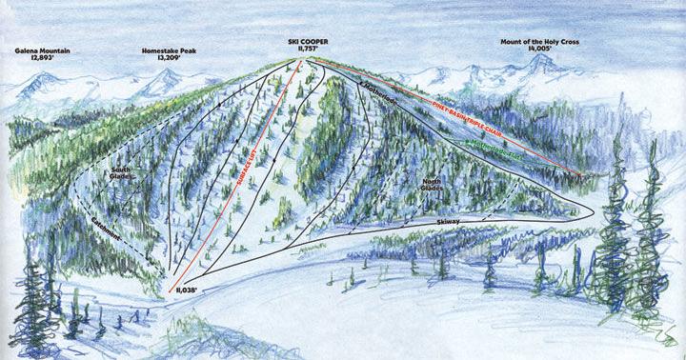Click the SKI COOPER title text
pyautogui.click(x=305, y=44)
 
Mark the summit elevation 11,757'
pyautogui.click(x=305, y=52)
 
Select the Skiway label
pyautogui.click(x=451, y=221)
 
